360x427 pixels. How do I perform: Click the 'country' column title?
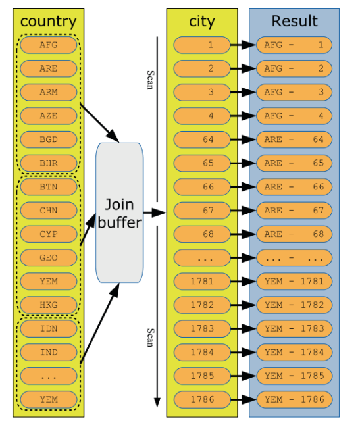pyautogui.click(x=49, y=22)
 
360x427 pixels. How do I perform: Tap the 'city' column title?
pyautogui.click(x=202, y=22)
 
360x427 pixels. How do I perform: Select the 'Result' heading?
pyautogui.click(x=294, y=21)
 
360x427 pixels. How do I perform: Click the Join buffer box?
pyautogui.click(x=119, y=213)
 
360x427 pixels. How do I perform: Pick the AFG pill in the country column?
pyautogui.click(x=49, y=45)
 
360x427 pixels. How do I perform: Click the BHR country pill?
pyautogui.click(x=49, y=163)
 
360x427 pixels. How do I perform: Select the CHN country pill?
pyautogui.click(x=49, y=211)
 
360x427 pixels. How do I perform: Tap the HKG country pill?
pyautogui.click(x=49, y=305)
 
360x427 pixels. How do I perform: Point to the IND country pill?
pyautogui.click(x=49, y=353)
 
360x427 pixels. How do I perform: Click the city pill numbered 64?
pyautogui.click(x=202, y=139)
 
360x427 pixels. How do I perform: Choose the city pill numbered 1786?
pyautogui.click(x=202, y=399)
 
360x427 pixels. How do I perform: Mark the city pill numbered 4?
pyautogui.click(x=202, y=116)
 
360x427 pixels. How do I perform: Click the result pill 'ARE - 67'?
pyautogui.click(x=294, y=211)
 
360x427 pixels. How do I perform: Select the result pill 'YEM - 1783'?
pyautogui.click(x=294, y=329)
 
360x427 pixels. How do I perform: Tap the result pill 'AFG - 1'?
pyautogui.click(x=294, y=45)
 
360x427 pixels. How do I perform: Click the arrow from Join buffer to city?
pyautogui.click(x=155, y=213)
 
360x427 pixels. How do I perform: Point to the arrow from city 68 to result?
pyautogui.click(x=243, y=234)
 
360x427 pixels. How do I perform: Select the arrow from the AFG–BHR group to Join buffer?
pyautogui.click(x=99, y=123)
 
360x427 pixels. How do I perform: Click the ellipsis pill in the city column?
pyautogui.click(x=202, y=258)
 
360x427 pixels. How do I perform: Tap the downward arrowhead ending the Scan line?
pyautogui.click(x=157, y=402)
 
